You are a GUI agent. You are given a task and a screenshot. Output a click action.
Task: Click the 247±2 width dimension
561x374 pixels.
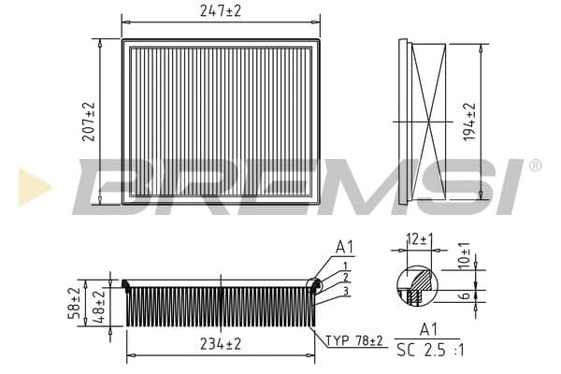tap(220, 11)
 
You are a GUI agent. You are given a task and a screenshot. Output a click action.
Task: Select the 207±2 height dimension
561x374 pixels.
tap(89, 122)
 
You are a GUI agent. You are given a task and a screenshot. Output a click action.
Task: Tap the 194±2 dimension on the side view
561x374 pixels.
tap(468, 122)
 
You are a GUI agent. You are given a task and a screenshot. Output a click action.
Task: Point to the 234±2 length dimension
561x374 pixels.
tap(220, 344)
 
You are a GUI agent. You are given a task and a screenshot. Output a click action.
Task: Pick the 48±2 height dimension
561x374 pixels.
tap(100, 306)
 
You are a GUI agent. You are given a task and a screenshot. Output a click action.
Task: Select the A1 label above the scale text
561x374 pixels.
tap(429, 329)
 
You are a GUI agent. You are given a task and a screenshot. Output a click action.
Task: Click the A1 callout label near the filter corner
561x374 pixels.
tap(346, 248)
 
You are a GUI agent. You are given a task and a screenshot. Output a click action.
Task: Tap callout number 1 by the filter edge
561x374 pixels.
tap(345, 266)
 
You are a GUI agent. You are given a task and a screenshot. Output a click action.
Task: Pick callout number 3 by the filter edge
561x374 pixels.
tap(345, 291)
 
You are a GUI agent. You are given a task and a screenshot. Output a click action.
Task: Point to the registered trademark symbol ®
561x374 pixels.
tap(535, 165)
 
